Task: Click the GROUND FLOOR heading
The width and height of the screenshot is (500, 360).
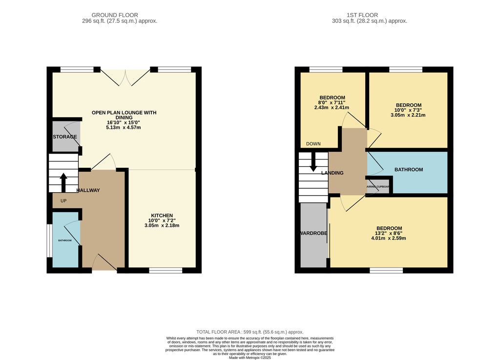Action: (x=115, y=15)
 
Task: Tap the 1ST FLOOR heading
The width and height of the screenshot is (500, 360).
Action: (x=362, y=15)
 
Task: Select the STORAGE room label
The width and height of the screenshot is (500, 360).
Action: (x=65, y=137)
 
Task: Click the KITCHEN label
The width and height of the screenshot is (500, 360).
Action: (x=162, y=216)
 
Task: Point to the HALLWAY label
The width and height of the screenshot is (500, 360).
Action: (x=88, y=190)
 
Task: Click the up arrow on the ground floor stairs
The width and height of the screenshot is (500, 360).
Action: (x=63, y=182)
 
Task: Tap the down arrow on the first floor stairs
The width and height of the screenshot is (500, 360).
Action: (x=313, y=162)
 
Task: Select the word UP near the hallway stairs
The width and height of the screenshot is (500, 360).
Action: (x=63, y=200)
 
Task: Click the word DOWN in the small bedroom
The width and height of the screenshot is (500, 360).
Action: (x=313, y=144)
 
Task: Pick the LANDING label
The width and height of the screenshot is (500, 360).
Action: (x=332, y=173)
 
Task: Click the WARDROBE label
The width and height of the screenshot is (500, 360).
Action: (x=314, y=233)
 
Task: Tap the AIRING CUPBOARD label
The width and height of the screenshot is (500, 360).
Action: (x=378, y=187)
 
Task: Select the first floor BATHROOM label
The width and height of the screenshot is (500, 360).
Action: (x=409, y=169)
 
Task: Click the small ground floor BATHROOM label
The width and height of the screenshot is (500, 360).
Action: (x=65, y=240)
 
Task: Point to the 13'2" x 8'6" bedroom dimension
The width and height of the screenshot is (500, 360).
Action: (x=389, y=233)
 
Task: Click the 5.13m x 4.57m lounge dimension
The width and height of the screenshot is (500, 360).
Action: (x=124, y=127)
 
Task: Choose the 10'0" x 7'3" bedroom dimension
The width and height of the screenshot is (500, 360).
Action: (x=408, y=110)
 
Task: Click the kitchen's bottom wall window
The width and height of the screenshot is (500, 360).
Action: (x=166, y=270)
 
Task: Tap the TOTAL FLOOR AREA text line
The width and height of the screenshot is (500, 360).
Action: (x=250, y=332)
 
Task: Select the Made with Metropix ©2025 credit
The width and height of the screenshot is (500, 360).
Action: (x=250, y=358)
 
